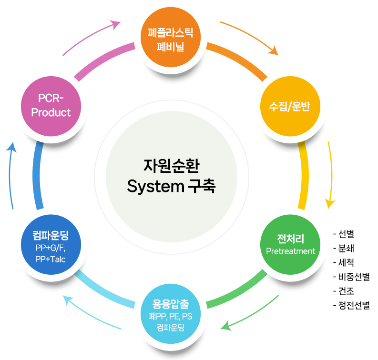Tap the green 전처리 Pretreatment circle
coord(290,243)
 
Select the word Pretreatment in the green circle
coord(291,251)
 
